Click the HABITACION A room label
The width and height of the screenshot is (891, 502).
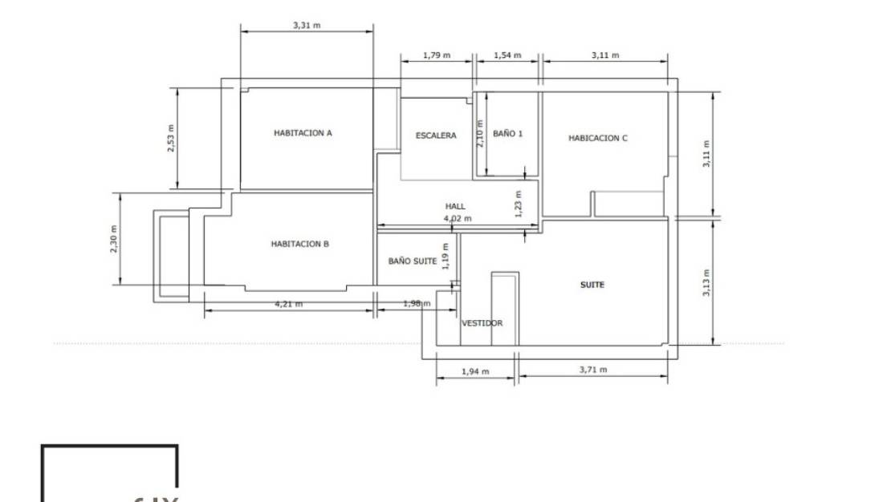click(x=303, y=133)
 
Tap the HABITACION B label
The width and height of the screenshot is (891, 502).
click(x=300, y=244)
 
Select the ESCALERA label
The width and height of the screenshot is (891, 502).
click(x=436, y=136)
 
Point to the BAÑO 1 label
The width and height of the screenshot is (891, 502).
click(x=507, y=134)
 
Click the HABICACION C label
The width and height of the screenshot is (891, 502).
click(x=598, y=138)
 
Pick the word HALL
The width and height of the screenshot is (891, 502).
click(x=455, y=206)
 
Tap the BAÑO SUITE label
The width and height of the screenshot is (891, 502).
click(x=413, y=261)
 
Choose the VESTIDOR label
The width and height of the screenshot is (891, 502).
click(x=482, y=323)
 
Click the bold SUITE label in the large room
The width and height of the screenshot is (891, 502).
click(x=592, y=285)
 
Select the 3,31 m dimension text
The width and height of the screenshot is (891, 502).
click(x=307, y=25)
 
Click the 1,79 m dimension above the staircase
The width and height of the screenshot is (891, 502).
click(x=437, y=55)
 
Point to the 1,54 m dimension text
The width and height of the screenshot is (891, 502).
click(x=507, y=55)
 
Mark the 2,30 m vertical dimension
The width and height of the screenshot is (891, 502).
click(x=114, y=239)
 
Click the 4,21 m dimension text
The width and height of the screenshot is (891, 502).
click(x=289, y=304)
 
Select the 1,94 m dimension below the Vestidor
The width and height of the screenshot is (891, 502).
click(x=476, y=371)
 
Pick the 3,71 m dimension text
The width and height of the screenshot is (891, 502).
click(x=593, y=370)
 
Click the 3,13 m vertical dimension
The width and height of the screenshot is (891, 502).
click(x=707, y=282)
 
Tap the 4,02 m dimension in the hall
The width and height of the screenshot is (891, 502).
click(x=458, y=217)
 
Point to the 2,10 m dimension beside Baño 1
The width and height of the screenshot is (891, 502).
click(x=480, y=134)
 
